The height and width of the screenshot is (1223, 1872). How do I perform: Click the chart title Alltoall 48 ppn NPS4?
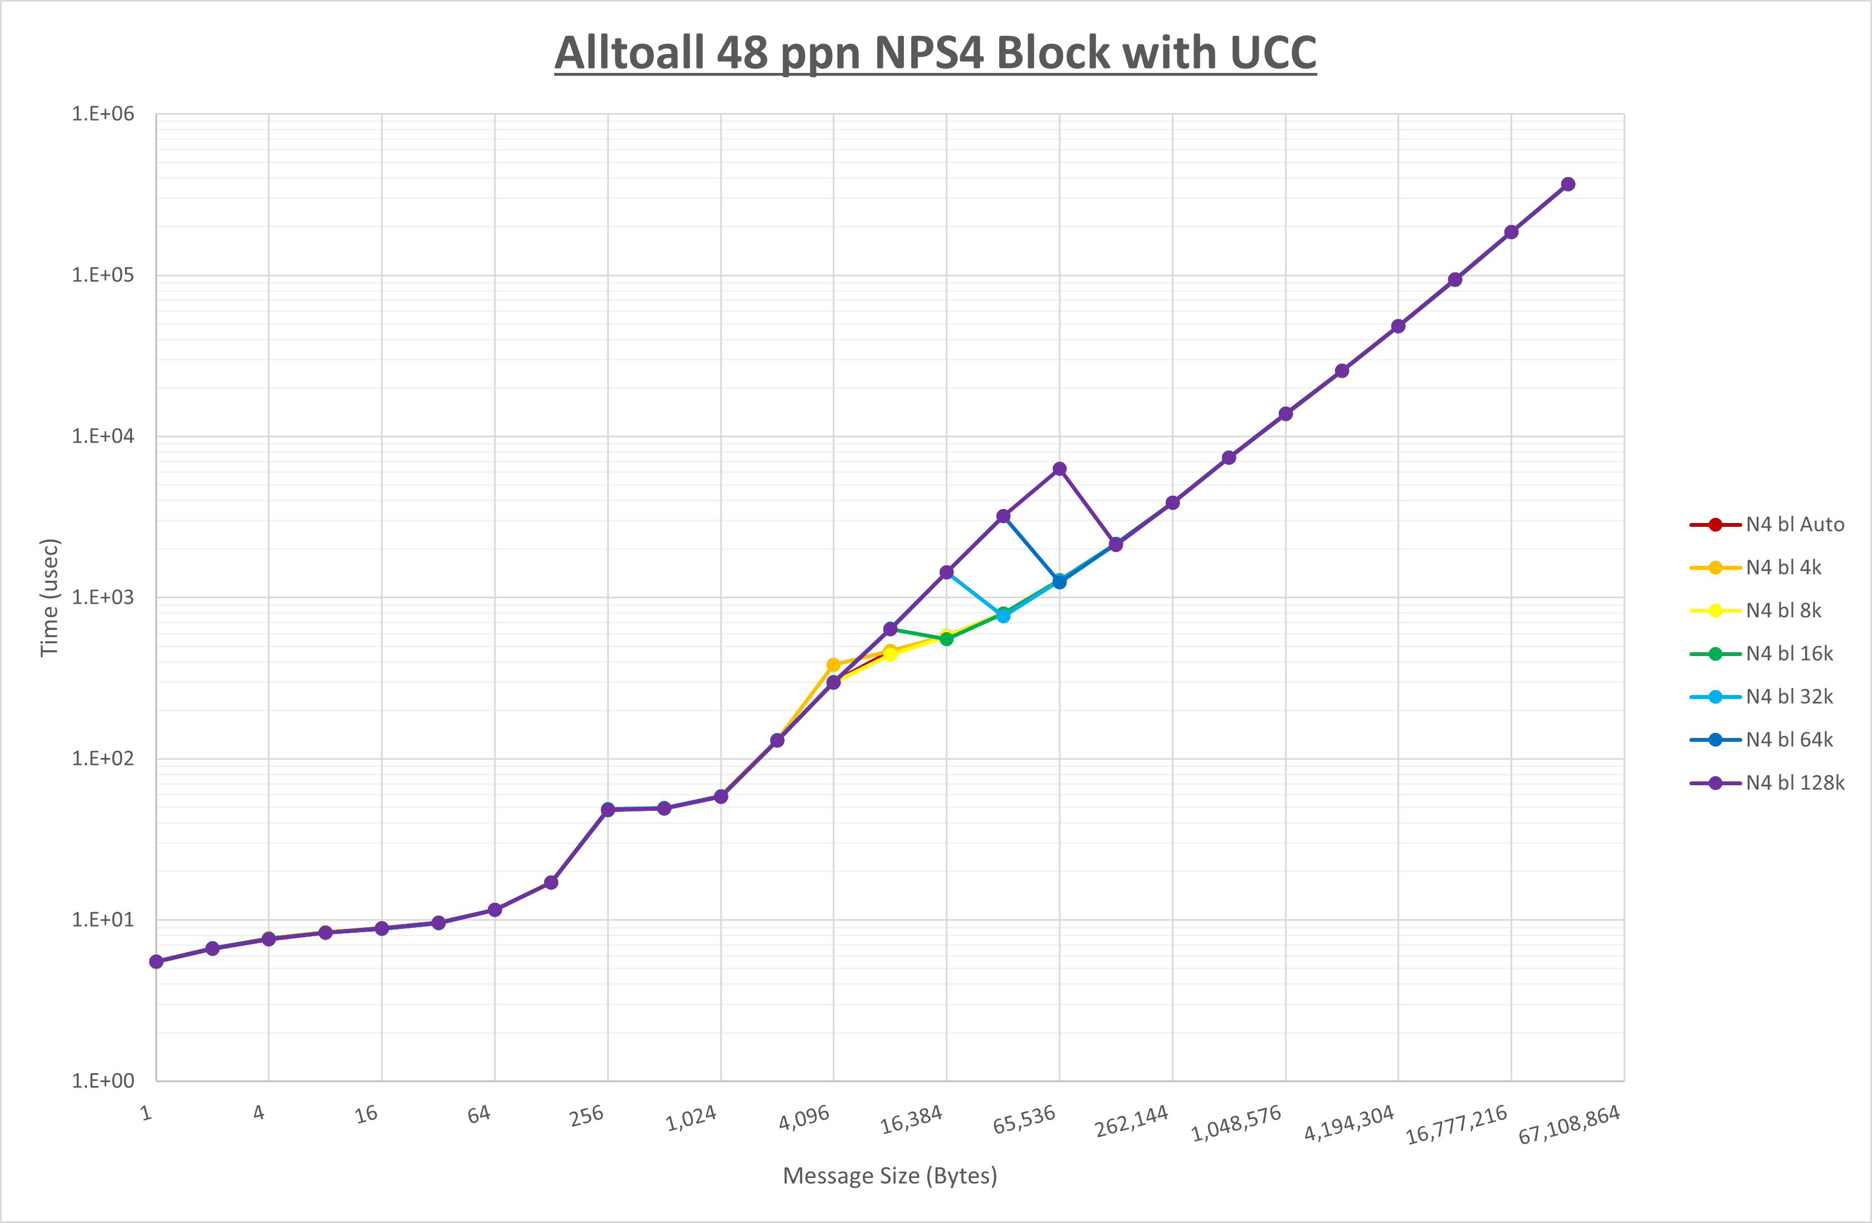[935, 53]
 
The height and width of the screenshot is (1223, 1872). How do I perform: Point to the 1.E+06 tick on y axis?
[103, 114]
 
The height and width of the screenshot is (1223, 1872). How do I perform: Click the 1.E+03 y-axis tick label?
[103, 598]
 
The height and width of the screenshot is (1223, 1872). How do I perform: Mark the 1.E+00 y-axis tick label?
[103, 1080]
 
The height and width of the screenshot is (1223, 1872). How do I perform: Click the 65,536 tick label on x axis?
[1024, 1118]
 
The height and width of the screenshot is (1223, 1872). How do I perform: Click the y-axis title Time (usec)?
[50, 598]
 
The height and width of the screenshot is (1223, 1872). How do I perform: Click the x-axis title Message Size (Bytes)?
[889, 1176]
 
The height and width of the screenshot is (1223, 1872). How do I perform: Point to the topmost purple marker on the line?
[1567, 184]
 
